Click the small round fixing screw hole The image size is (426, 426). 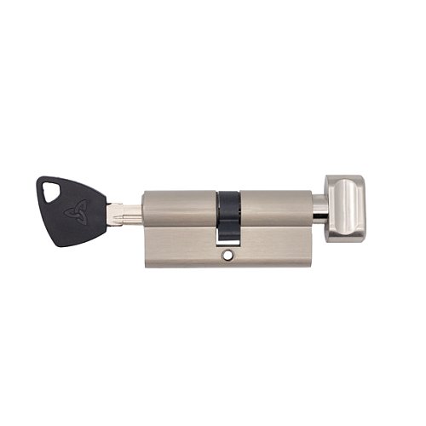tap(227, 253)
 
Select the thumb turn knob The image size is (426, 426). tap(344, 208)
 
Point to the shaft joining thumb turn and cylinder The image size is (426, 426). tap(319, 209)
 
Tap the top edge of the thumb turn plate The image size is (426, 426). tap(345, 177)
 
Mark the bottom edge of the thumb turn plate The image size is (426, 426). tap(345, 240)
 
